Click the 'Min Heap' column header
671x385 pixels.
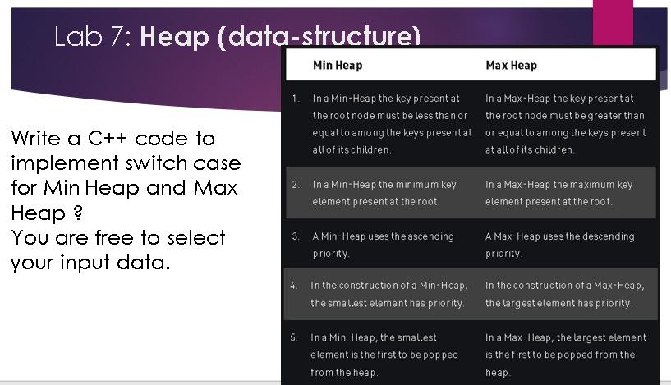pyautogui.click(x=338, y=65)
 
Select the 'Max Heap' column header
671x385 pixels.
pyautogui.click(x=511, y=65)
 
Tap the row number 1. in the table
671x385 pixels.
pyautogui.click(x=296, y=99)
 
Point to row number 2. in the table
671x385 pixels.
pyautogui.click(x=296, y=185)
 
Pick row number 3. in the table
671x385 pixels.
pyautogui.click(x=296, y=236)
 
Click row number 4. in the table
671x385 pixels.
pyautogui.click(x=293, y=286)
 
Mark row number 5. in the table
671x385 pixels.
pyautogui.click(x=293, y=338)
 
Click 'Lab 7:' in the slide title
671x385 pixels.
pyautogui.click(x=93, y=36)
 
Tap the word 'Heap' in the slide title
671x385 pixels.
pyautogui.click(x=174, y=37)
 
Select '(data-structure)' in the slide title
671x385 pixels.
pyautogui.click(x=319, y=37)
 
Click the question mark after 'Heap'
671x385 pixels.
pyautogui.click(x=78, y=213)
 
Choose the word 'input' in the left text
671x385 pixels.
pyautogui.click(x=85, y=263)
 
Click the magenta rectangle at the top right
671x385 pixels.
pyautogui.click(x=613, y=22)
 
